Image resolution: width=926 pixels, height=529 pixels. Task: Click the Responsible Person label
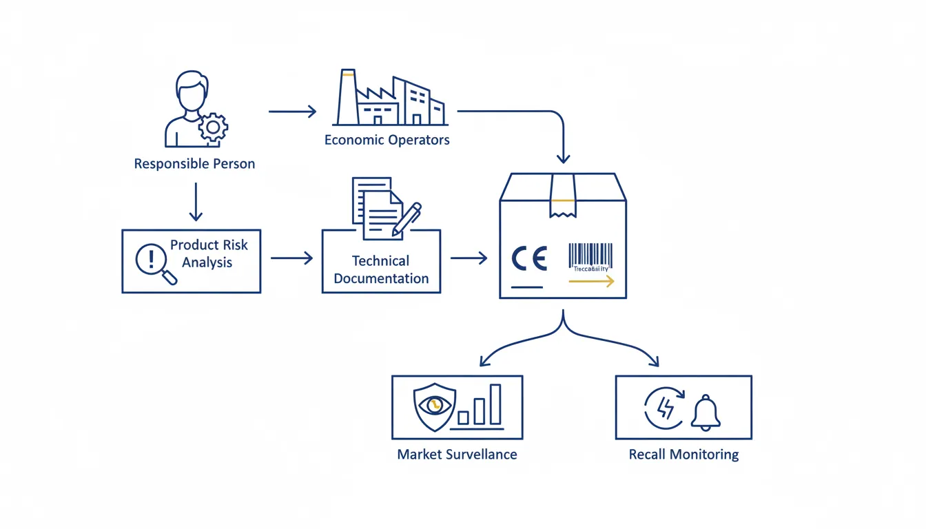tap(194, 164)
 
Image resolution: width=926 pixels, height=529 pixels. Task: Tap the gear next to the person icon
tap(213, 127)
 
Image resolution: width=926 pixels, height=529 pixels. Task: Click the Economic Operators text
tap(387, 140)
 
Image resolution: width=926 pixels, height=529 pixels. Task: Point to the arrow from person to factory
tap(292, 111)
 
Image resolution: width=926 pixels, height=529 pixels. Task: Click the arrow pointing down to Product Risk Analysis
tap(196, 201)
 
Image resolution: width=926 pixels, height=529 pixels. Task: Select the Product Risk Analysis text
tap(209, 253)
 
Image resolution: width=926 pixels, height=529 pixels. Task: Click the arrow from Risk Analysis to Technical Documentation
tap(291, 258)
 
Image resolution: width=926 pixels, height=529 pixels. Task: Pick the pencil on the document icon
tap(407, 219)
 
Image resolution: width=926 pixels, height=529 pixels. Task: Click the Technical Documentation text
tap(381, 269)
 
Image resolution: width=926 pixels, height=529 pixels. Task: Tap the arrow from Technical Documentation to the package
tap(469, 258)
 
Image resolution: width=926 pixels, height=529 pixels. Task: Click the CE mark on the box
tap(529, 259)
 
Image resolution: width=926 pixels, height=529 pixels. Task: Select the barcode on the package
tap(590, 255)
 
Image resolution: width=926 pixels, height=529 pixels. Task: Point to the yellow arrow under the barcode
tap(591, 281)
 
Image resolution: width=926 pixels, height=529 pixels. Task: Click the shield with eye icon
tap(433, 406)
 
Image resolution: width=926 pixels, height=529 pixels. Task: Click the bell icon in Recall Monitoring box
tap(706, 413)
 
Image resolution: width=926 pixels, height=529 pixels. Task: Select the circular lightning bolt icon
tap(664, 408)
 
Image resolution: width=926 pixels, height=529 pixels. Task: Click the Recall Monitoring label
tap(683, 455)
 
